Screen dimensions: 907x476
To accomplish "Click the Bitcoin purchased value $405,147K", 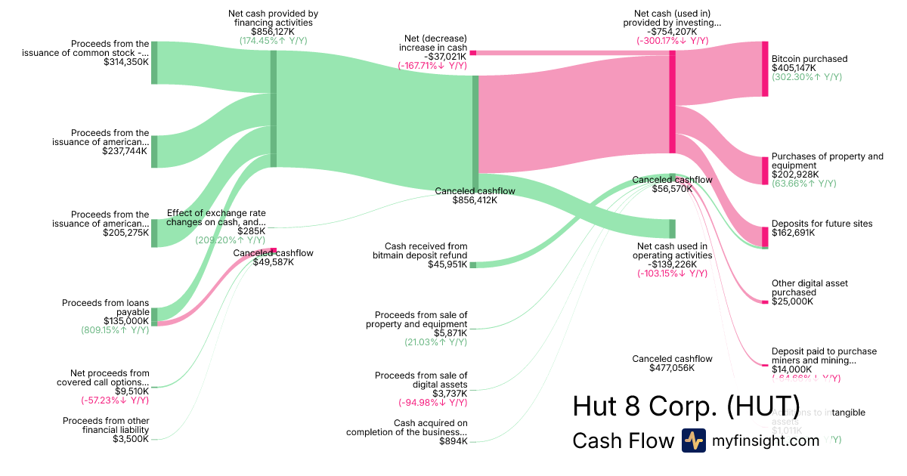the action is [794, 68].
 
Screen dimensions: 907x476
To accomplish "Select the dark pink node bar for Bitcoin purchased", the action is [765, 70].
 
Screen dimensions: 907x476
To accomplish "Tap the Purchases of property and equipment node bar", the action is [765, 160].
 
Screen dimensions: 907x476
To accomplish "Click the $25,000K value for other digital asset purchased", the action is [792, 301].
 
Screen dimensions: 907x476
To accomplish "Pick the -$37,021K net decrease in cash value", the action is [445, 57].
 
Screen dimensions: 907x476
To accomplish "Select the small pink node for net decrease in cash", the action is [473, 53].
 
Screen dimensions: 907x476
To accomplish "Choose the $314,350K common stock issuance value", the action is [126, 62].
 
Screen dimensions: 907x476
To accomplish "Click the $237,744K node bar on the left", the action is [154, 151].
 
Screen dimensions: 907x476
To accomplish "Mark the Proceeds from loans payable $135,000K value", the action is [126, 321].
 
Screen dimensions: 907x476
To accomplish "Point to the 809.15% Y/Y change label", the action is [115, 330].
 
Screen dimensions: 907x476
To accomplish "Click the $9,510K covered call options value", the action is [132, 391].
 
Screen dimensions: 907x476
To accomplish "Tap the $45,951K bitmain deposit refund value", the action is [447, 264].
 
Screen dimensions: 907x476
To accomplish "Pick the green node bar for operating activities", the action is [672, 229].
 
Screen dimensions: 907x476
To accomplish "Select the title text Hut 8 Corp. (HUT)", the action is [686, 406].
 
